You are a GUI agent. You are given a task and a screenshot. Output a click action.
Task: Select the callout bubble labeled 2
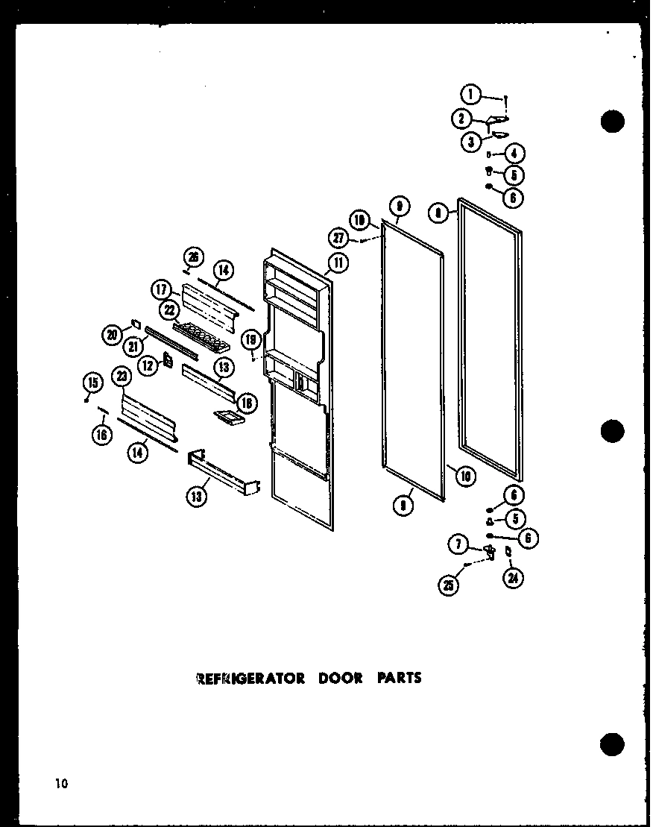click(x=461, y=118)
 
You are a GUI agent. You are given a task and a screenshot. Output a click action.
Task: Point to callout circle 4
click(x=514, y=154)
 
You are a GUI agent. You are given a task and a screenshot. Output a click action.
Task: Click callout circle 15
click(x=92, y=383)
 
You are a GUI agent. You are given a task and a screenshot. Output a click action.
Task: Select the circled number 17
click(x=163, y=289)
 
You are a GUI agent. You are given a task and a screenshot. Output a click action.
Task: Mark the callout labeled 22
click(x=169, y=310)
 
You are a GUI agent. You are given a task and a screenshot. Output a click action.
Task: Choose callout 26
click(x=192, y=258)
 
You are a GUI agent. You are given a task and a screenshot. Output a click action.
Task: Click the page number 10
click(x=60, y=783)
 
